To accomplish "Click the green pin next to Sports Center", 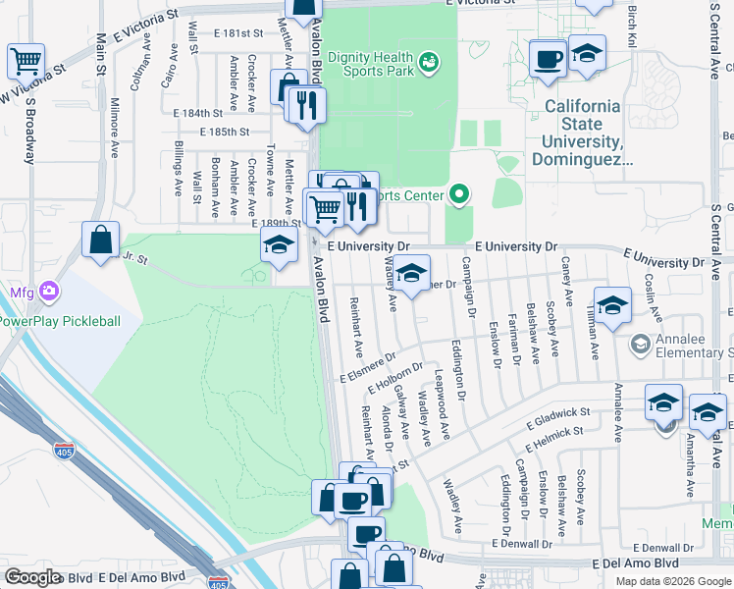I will tap(457, 195).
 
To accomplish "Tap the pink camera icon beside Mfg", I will tap(49, 292).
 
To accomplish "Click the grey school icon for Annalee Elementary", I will tap(640, 344).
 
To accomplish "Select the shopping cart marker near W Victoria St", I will tap(26, 62).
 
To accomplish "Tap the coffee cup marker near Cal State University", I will tap(548, 57).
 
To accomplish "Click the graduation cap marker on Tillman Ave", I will tap(612, 305).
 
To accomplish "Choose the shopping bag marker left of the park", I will tap(101, 239).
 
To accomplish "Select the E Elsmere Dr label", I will tap(368, 368).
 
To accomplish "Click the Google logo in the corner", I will tap(32, 576).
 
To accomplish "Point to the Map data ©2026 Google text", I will tap(673, 581).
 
